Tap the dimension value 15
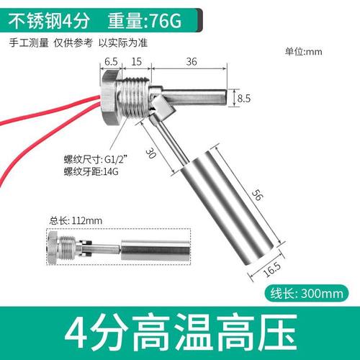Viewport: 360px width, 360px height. [x=136, y=62]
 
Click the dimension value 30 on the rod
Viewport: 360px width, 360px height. [x=153, y=153]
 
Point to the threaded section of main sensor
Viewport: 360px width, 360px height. [x=134, y=96]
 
